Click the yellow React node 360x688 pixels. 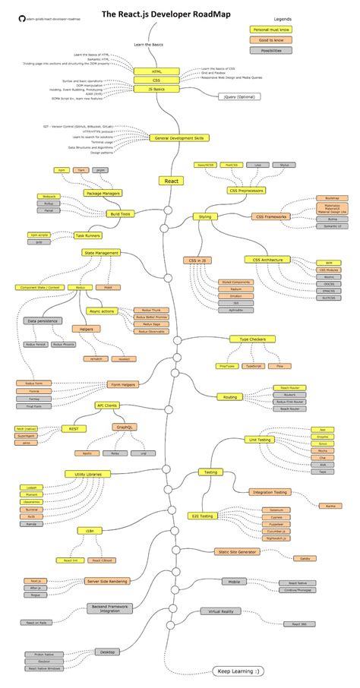coord(172,181)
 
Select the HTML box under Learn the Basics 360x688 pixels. coord(157,71)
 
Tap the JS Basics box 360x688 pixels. coord(157,88)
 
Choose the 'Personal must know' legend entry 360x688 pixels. coord(271,29)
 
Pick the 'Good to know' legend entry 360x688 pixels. coord(271,39)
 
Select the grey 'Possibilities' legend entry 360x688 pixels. coord(271,50)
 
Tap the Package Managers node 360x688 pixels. coord(103,194)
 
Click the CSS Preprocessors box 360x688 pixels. coord(245,191)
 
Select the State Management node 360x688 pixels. coord(101,253)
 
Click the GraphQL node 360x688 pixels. coord(126,427)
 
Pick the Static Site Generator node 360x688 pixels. coord(238,552)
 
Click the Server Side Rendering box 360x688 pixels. coord(107,581)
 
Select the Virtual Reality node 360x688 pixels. coord(220,611)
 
